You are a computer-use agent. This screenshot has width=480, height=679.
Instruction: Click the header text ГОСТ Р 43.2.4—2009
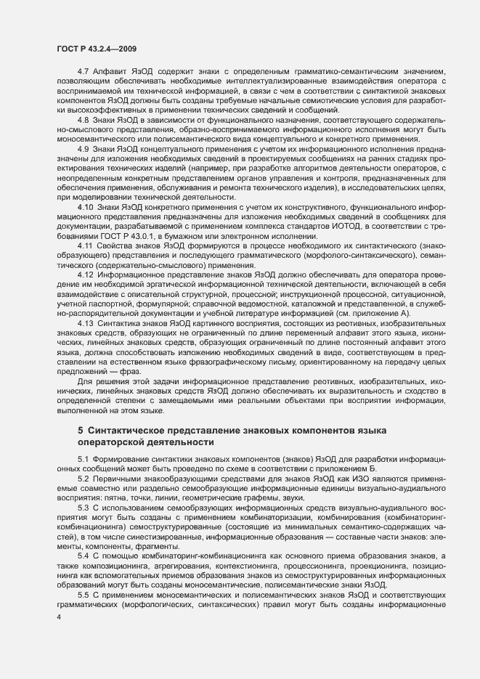[97, 48]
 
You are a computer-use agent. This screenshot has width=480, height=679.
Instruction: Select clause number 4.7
[82, 71]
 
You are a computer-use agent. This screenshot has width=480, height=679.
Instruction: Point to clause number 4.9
[82, 147]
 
